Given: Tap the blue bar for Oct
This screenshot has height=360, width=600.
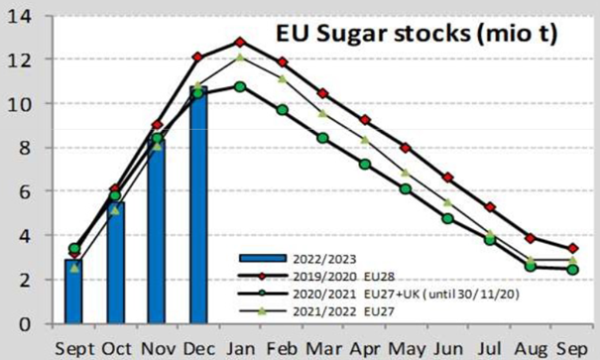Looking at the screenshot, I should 115,264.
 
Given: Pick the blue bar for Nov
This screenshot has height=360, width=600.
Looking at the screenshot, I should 156,234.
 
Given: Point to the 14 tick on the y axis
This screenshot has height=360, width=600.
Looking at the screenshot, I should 21,16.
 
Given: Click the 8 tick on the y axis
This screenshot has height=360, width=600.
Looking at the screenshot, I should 26,148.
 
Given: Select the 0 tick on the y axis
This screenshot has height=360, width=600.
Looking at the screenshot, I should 26,324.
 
